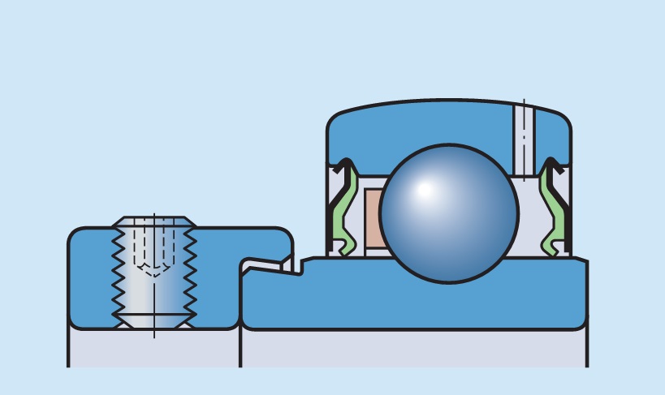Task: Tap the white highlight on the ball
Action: tap(424, 191)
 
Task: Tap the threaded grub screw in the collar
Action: tap(154, 272)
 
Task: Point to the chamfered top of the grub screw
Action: tap(154, 221)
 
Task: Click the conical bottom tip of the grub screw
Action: tap(154, 321)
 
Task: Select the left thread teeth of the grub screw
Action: tap(119, 272)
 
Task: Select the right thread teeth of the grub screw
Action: tap(190, 272)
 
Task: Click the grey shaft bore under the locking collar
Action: tap(154, 349)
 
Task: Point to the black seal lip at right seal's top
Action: tap(556, 168)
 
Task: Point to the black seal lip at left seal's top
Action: tap(345, 168)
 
